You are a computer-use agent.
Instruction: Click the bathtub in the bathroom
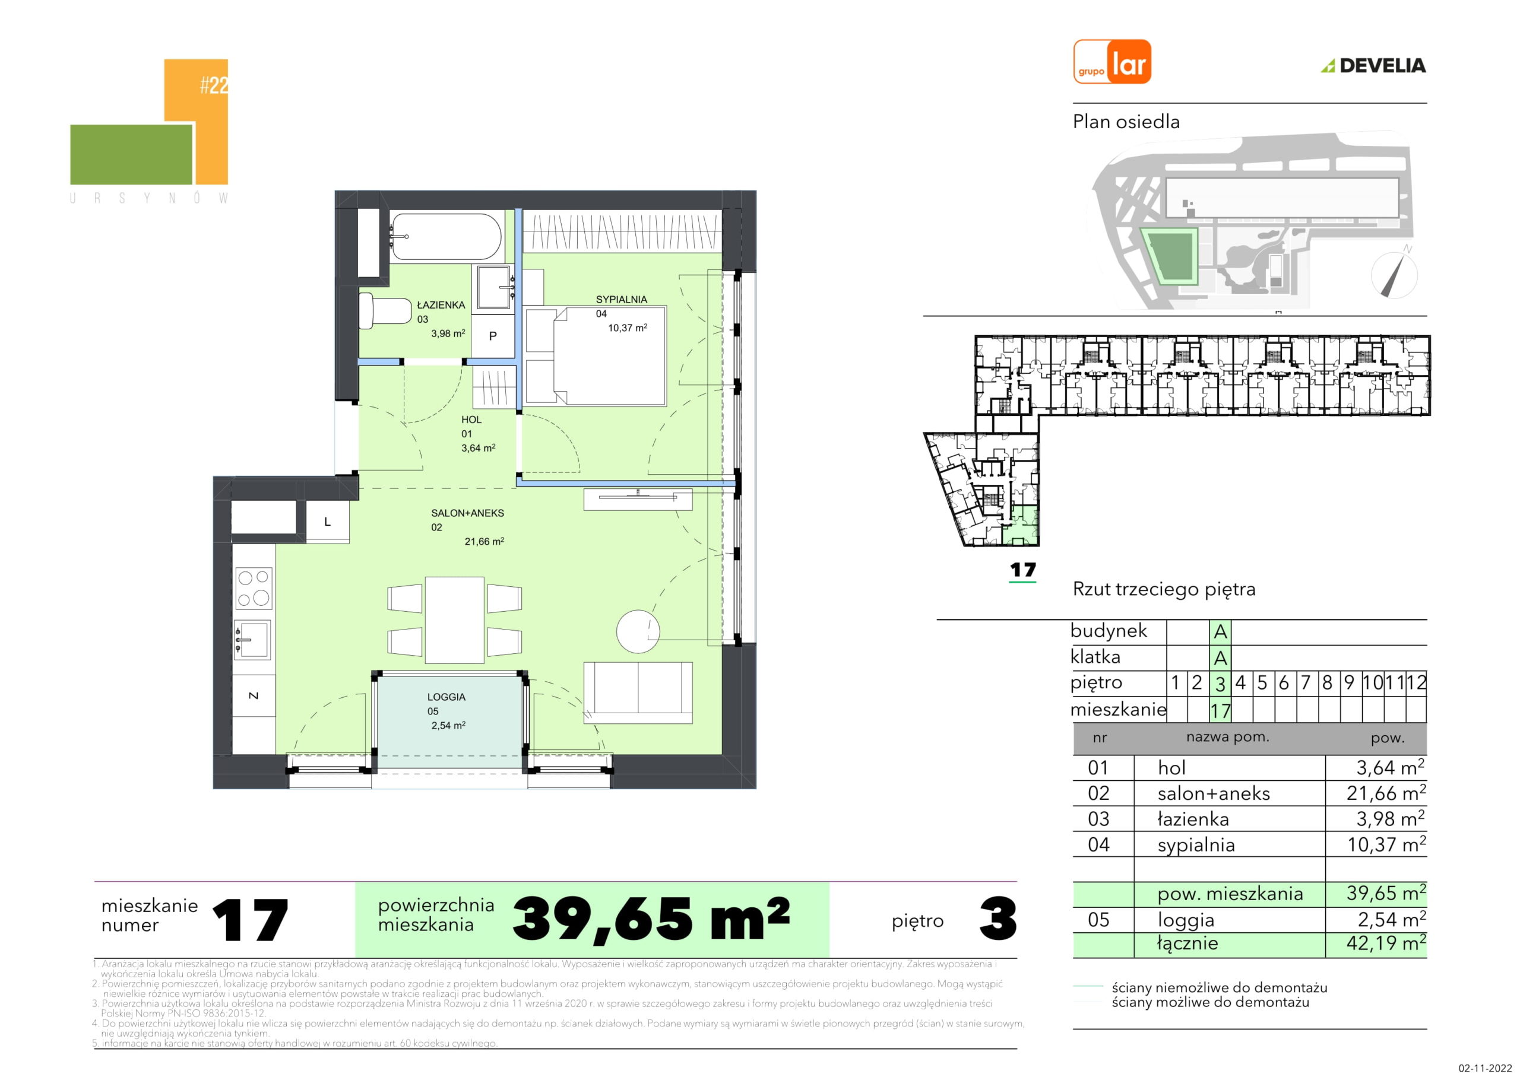pyautogui.click(x=445, y=237)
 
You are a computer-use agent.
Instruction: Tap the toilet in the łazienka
pyautogui.click(x=385, y=310)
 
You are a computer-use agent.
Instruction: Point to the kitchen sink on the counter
pyautogui.click(x=252, y=639)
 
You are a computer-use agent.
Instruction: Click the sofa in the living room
pyautogui.click(x=638, y=693)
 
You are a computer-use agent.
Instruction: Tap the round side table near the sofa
pyautogui.click(x=638, y=631)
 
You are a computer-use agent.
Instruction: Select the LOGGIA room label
pyautogui.click(x=446, y=697)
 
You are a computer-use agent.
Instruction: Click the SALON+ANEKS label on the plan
pyautogui.click(x=467, y=513)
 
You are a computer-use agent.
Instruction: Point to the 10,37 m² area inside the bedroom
pyautogui.click(x=628, y=328)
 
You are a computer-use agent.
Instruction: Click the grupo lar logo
pyautogui.click(x=1112, y=62)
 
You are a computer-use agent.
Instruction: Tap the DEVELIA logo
pyautogui.click(x=1373, y=65)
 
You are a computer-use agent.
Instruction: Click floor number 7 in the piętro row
pyautogui.click(x=1306, y=683)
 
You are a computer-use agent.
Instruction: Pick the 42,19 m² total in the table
pyautogui.click(x=1386, y=942)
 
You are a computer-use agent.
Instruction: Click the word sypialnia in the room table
pyautogui.click(x=1196, y=845)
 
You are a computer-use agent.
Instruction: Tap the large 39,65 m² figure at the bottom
pyautogui.click(x=651, y=919)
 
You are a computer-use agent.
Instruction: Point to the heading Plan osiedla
pyautogui.click(x=1126, y=122)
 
